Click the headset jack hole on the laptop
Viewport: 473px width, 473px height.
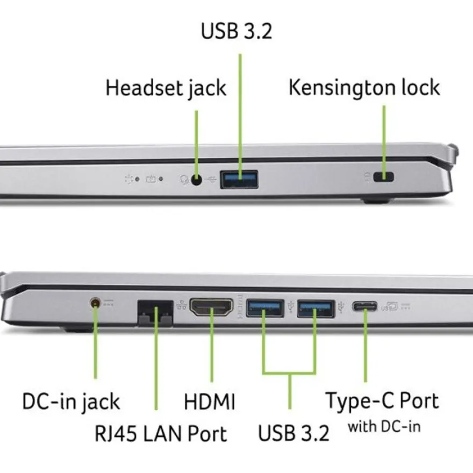click(x=197, y=180)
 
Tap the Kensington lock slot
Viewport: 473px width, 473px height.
click(x=383, y=177)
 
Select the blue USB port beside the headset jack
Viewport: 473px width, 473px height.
click(x=239, y=180)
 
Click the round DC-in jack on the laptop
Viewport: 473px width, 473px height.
click(x=95, y=302)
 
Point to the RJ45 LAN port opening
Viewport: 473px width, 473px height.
click(x=155, y=313)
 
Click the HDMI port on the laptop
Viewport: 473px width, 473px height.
click(x=211, y=307)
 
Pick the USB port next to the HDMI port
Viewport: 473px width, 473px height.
click(x=265, y=308)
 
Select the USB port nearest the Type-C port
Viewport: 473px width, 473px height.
click(x=316, y=309)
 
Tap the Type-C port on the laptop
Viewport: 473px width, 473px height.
click(x=364, y=307)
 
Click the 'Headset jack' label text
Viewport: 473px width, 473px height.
click(x=166, y=88)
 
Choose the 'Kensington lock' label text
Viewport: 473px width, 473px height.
click(x=364, y=88)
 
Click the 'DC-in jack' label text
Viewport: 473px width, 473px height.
click(x=71, y=402)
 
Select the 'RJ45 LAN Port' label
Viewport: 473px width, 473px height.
click(x=161, y=433)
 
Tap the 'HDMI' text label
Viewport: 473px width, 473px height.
click(x=209, y=402)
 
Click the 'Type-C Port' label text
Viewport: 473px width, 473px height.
click(x=382, y=401)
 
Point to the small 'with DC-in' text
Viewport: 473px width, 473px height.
click(x=384, y=427)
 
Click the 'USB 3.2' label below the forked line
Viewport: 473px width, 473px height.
click(x=293, y=433)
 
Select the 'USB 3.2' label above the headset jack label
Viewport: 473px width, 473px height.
click(x=236, y=31)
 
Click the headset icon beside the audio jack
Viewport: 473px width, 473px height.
click(x=184, y=180)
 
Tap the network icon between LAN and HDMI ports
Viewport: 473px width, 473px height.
click(x=181, y=305)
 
